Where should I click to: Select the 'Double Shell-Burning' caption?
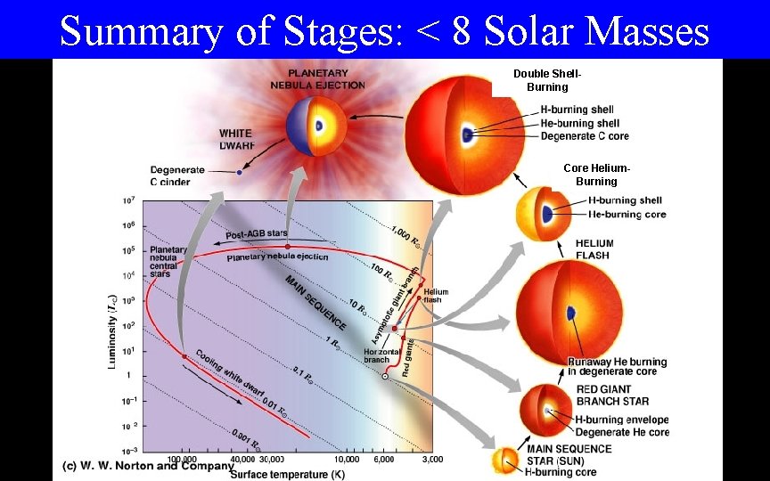tap(546, 81)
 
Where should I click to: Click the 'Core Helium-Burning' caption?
tap(596, 175)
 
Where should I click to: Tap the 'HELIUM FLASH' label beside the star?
tap(594, 249)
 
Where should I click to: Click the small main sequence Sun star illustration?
tap(507, 460)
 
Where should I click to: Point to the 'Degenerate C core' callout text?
tap(585, 136)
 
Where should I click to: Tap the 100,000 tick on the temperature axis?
tap(183, 460)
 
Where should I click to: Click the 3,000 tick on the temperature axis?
tap(431, 460)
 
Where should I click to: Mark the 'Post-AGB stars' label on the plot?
tap(257, 233)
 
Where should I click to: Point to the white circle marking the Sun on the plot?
tap(385, 377)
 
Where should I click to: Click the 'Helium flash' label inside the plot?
tap(436, 296)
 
